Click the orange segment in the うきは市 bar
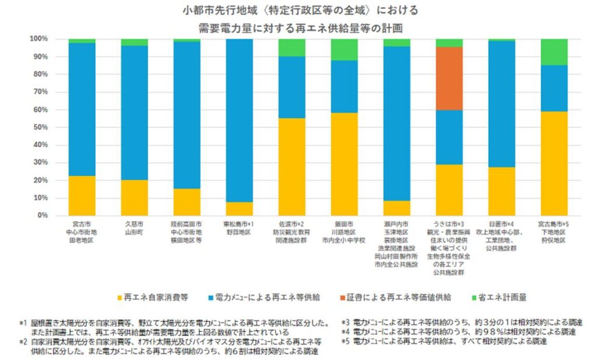448,78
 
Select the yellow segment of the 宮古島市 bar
554,163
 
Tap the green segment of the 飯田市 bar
344,50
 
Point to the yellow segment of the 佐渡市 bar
291,167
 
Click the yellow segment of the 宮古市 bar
82,195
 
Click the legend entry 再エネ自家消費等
152,297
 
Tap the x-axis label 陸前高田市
186,224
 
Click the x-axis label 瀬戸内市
396,224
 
